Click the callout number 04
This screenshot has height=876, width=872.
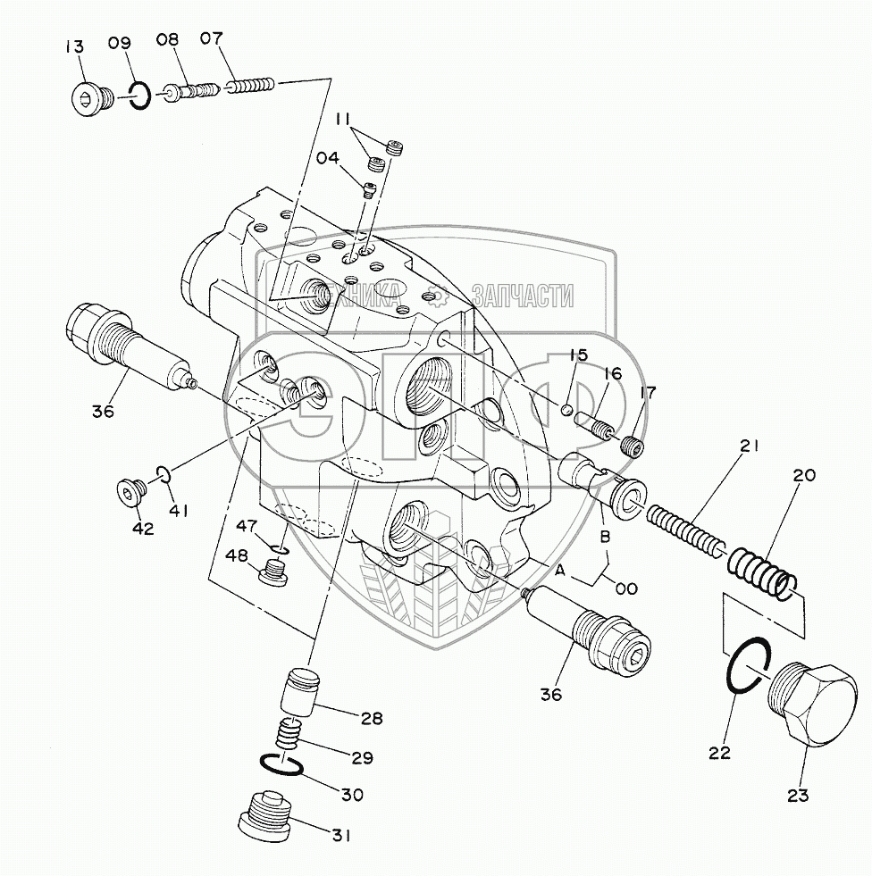pos(327,158)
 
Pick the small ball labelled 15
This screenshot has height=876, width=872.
pos(567,409)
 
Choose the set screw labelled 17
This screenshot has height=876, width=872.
pos(631,446)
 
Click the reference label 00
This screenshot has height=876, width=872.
pos(626,588)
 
